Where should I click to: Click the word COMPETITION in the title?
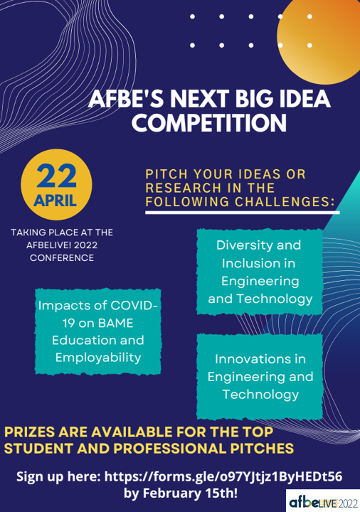point(209,123)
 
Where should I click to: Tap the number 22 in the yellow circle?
point(56,176)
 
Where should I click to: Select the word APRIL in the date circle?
point(55,201)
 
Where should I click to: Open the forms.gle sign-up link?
point(223,476)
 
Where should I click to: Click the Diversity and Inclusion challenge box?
point(260,272)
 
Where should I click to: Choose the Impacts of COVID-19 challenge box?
point(98,331)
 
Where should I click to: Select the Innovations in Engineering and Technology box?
point(260,376)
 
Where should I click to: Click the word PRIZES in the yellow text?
point(30,432)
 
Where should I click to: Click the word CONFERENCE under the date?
point(62,258)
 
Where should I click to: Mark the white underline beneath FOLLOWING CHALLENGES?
point(243,213)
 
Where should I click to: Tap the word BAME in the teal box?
point(116,324)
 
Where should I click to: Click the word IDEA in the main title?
point(302,99)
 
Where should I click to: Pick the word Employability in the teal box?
point(98,358)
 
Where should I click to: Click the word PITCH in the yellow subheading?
point(166,174)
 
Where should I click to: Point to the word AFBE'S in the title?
point(126,99)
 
